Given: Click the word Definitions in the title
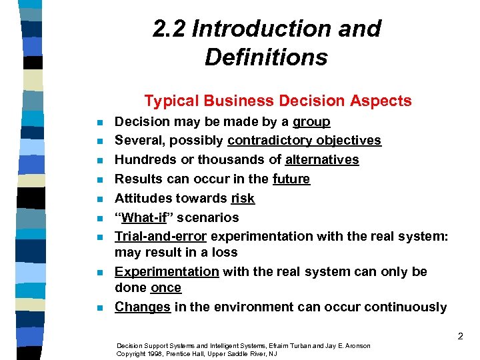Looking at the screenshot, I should [266, 57].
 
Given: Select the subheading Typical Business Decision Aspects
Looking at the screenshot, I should [278, 101].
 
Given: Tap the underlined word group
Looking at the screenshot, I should [311, 122].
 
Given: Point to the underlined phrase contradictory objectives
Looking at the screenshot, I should [304, 141].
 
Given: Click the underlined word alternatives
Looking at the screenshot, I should [322, 160].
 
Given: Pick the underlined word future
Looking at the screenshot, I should [291, 179].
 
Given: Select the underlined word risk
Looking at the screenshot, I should [243, 199].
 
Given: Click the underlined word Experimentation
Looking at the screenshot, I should [167, 272].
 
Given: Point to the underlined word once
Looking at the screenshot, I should [166, 288].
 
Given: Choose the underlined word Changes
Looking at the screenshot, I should [143, 307].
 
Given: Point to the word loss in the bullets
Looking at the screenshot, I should [225, 253].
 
